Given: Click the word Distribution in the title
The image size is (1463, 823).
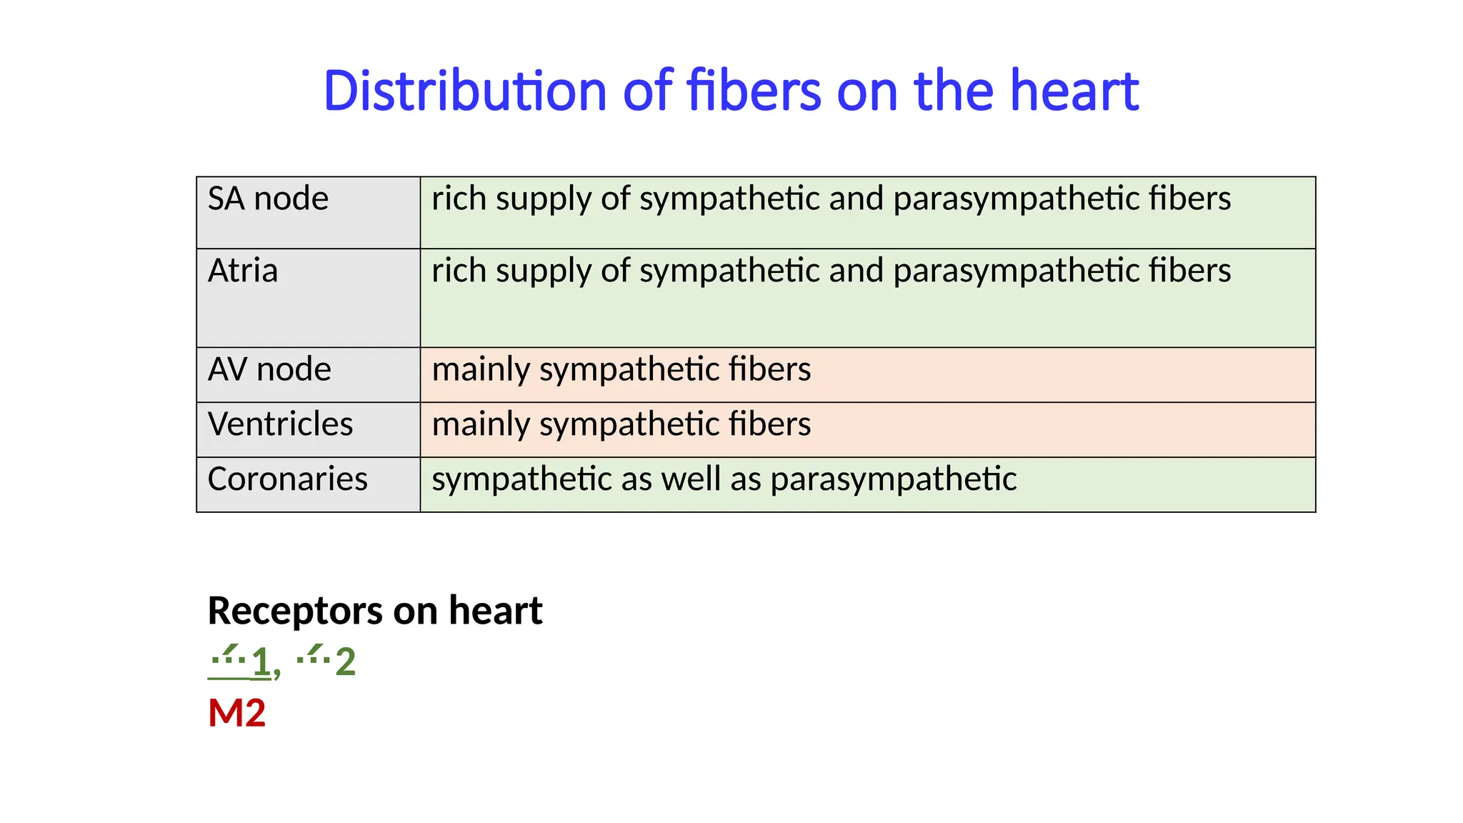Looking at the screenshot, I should pos(465,91).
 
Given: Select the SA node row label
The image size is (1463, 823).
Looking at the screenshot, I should pos(268,199).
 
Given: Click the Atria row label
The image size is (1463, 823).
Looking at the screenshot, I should pos(242,271).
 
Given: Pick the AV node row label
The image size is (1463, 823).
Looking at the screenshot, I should pos(269,369).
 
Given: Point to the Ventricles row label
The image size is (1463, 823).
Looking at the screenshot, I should pos(280,424).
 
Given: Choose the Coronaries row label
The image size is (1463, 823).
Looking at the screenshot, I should pos(287,479).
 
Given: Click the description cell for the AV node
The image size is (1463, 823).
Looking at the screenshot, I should pos(867,375).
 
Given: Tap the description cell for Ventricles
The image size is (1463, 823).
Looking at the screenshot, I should pos(867,430).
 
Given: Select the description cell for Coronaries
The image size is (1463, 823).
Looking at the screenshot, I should pos(867,484).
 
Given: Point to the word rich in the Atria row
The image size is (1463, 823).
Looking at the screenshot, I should pos(459,271).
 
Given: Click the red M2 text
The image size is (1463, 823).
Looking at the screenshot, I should pos(236,713).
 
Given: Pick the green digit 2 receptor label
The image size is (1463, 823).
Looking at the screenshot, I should pos(345,662).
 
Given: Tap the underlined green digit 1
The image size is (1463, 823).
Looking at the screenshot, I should pos(261,662).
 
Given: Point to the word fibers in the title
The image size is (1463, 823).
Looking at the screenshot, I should pos(754,91).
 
